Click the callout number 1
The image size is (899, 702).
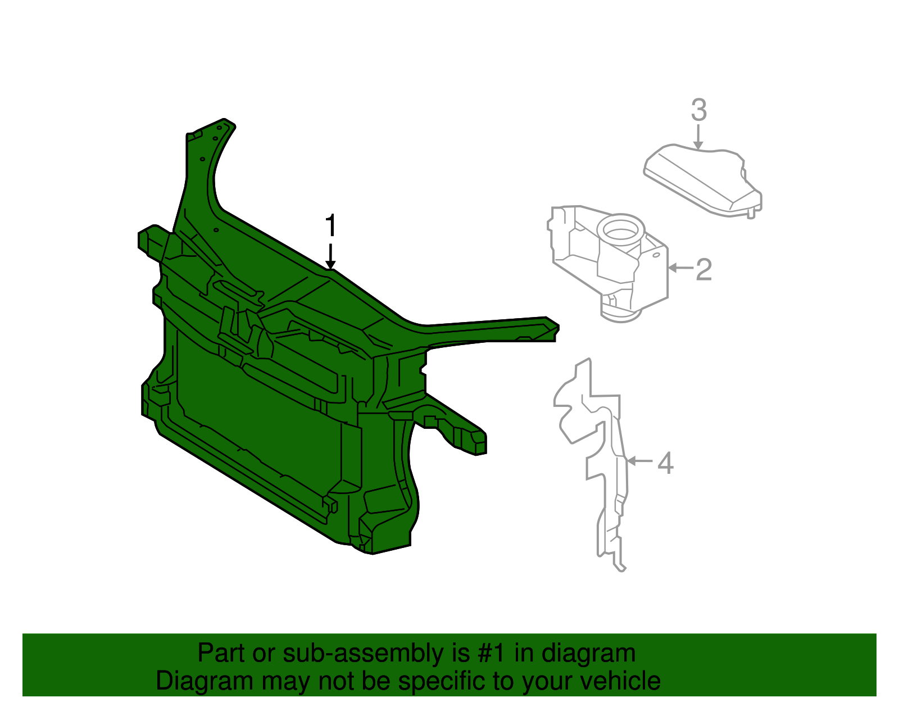[331, 226]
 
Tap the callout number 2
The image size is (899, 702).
[703, 270]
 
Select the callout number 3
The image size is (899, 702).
[698, 110]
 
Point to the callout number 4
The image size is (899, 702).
[665, 463]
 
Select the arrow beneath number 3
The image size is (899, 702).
[698, 137]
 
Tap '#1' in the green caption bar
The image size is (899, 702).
[492, 653]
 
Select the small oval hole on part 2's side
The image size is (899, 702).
[656, 255]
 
